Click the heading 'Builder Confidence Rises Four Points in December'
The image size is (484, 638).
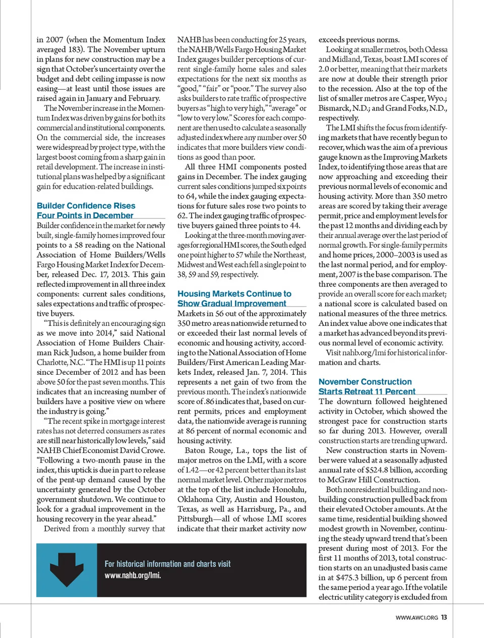86,211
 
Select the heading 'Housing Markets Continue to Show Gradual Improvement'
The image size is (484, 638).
234,299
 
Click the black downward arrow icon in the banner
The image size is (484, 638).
67,569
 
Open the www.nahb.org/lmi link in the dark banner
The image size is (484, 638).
133,575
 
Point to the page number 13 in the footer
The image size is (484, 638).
444,617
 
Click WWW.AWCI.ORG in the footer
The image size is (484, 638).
416,618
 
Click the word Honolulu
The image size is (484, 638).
289,489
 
